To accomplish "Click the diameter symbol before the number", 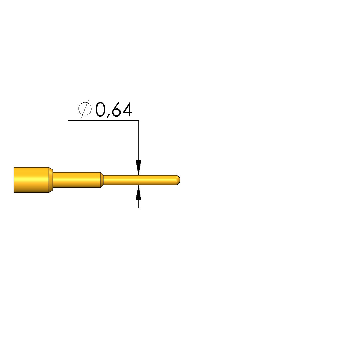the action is tap(85, 109).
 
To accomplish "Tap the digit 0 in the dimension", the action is tap(100, 109).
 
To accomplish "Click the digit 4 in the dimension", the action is tap(127, 109).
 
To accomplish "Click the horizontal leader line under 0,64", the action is tap(103, 120).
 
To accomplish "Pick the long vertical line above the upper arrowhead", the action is tap(138, 140).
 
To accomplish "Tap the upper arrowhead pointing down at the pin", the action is tap(138, 168).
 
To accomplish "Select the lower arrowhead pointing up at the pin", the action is tap(138, 192).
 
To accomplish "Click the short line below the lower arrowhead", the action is tap(138, 204).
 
